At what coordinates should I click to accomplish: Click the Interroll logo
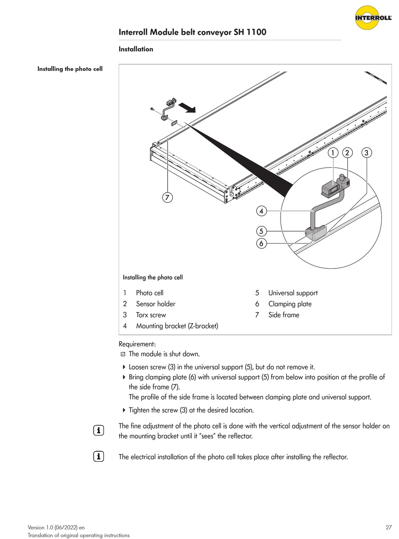[373, 18]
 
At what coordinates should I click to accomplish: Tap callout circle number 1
[333, 153]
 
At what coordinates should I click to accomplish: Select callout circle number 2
[347, 153]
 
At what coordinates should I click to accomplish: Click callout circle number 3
[366, 153]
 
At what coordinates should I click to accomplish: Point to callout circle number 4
[262, 211]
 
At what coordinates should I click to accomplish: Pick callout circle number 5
[262, 231]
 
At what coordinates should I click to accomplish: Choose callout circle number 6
[262, 243]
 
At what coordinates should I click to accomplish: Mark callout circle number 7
[168, 197]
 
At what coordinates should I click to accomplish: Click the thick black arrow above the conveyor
[187, 108]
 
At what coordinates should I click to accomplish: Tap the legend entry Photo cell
[150, 293]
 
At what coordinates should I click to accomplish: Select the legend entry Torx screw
[151, 315]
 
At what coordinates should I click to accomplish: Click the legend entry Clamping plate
[290, 304]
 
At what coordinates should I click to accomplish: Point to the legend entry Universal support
[293, 293]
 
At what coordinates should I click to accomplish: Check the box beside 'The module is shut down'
[123, 354]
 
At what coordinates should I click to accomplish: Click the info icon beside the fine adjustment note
[98, 430]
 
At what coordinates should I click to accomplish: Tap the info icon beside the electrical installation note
[98, 456]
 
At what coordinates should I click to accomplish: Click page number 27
[388, 527]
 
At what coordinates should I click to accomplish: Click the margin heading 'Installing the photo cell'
[70, 69]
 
